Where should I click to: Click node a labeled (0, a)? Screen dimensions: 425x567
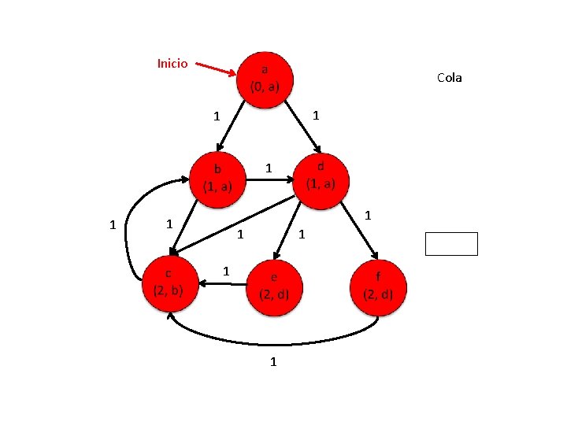point(265,77)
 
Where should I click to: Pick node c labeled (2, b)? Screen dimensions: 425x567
point(169,281)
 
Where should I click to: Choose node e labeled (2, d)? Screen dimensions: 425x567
point(274,286)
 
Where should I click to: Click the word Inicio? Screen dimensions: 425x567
point(172,63)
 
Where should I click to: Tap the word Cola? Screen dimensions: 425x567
point(450,77)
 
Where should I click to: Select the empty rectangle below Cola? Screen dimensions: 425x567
point(451,244)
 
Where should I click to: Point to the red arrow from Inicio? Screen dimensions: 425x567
point(215,69)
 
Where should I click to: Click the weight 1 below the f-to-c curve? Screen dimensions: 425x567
point(273,362)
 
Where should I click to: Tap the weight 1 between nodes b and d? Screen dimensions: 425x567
point(269,168)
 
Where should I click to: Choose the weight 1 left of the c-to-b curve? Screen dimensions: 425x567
point(113,225)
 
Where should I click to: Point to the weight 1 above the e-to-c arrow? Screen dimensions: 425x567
point(226,271)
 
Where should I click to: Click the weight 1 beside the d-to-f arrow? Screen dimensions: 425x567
point(367,215)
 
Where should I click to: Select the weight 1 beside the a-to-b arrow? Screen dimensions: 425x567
point(216,116)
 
